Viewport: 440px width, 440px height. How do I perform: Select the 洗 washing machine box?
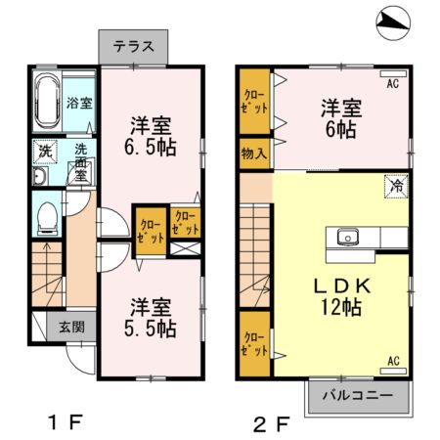45,152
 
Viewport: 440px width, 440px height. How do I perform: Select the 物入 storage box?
253,154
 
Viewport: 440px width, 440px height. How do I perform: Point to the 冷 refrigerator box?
397,186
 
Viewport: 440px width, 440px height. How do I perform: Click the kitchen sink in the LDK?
348,237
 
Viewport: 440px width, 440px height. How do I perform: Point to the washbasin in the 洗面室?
40,177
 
